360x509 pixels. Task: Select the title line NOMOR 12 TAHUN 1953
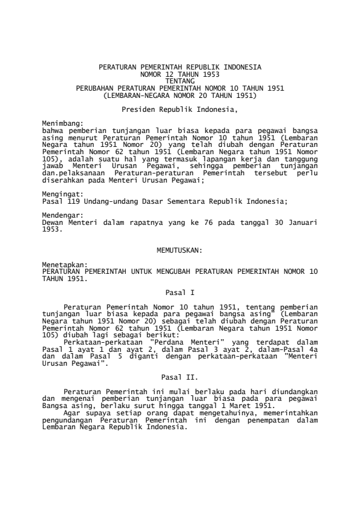point(180,73)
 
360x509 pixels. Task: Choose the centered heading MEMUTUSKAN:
point(180,250)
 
